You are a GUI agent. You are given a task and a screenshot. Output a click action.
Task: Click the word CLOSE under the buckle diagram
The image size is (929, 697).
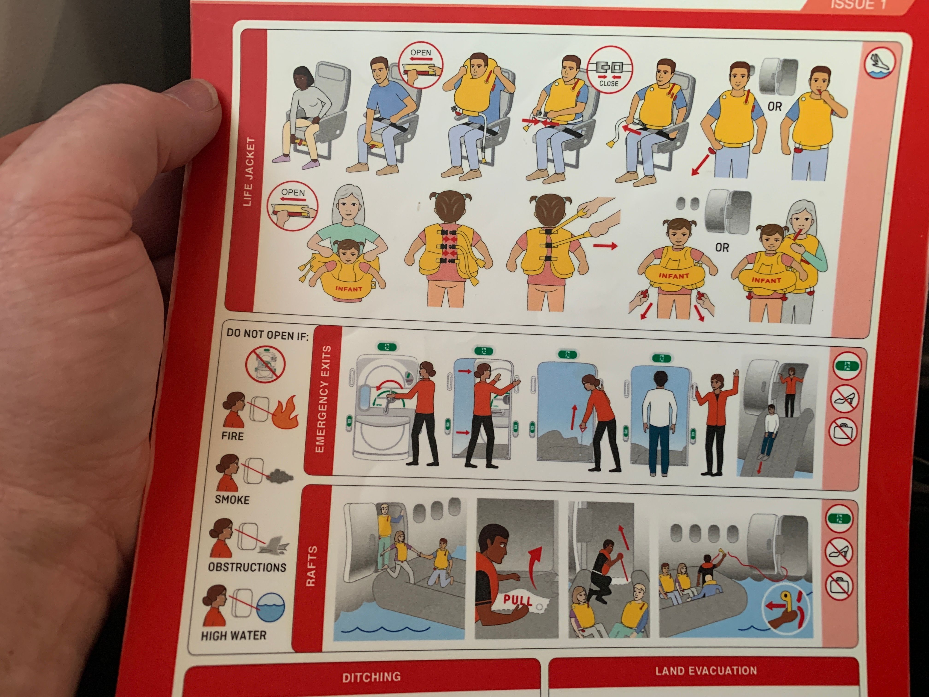tap(609, 83)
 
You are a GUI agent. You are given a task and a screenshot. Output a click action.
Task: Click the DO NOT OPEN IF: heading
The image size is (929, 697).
tap(268, 335)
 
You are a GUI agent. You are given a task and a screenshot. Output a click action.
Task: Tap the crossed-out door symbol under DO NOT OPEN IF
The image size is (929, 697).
tap(265, 364)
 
